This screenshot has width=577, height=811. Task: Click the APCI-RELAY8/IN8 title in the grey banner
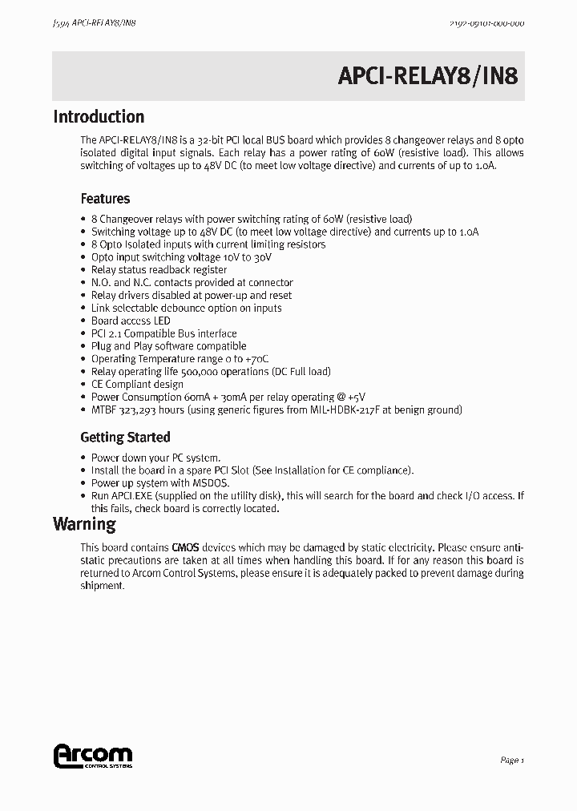pos(428,76)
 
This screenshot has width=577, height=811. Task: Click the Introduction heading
pos(99,117)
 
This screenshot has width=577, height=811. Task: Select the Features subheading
pos(105,199)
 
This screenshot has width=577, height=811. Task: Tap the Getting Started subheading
pos(125,438)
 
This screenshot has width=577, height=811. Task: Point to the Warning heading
pos(84,525)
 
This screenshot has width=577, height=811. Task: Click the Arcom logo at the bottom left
pos(92,757)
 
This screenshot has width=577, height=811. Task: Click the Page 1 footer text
pos(511,761)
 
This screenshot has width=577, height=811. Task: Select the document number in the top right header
pos(482,24)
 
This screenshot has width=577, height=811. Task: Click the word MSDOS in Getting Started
pos(212,483)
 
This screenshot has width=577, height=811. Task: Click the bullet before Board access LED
pos(84,321)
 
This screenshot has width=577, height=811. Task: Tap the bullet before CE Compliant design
pos(84,385)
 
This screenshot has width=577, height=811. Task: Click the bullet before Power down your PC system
pos(84,458)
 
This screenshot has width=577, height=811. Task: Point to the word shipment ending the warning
pos(102,586)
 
